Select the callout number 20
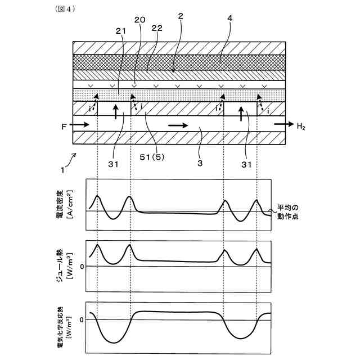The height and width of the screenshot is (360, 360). pos(139,19)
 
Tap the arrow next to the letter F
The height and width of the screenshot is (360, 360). pos(79,123)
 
